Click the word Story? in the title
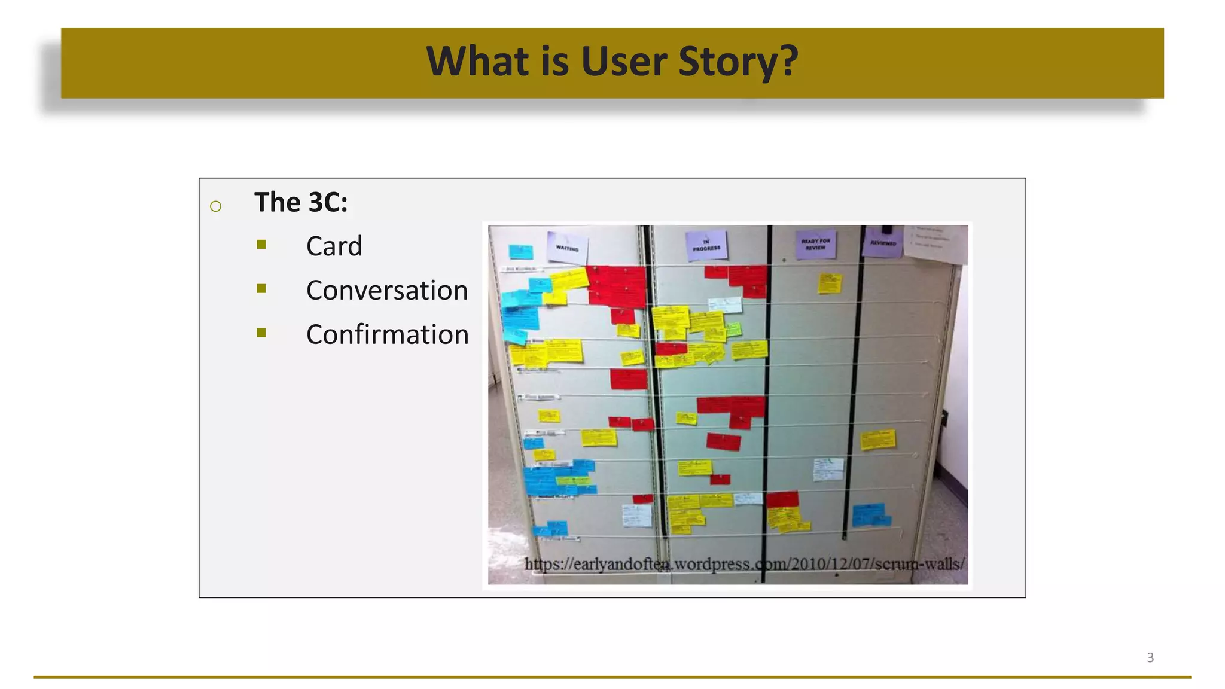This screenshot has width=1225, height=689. (x=738, y=62)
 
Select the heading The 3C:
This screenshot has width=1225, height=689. (x=301, y=202)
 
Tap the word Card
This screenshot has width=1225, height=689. (x=334, y=246)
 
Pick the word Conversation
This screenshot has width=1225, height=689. (x=386, y=290)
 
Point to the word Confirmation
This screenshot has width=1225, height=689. (x=387, y=334)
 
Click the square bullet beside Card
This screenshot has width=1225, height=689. (x=261, y=244)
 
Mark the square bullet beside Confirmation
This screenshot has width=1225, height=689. (x=261, y=333)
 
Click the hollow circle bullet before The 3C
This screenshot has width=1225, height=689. (x=216, y=206)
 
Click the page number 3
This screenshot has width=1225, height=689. (x=1150, y=657)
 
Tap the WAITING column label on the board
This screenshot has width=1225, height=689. (x=567, y=247)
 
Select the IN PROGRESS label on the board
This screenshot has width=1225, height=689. (x=706, y=245)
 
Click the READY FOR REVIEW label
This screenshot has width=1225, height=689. (x=815, y=244)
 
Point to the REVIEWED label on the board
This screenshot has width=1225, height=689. (x=883, y=242)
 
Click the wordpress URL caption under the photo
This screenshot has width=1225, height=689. (x=744, y=564)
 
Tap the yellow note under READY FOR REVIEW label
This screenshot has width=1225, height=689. (x=830, y=283)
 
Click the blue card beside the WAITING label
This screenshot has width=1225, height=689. (x=520, y=252)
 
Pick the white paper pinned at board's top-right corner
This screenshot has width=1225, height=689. (x=936, y=243)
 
